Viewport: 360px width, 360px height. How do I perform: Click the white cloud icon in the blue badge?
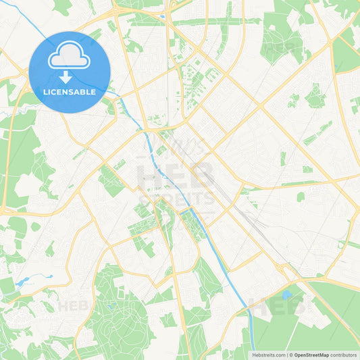(70, 56)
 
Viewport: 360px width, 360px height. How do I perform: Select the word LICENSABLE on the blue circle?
(70, 91)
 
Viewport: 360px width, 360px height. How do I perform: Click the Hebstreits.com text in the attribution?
(268, 355)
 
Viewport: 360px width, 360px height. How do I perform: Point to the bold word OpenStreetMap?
(311, 355)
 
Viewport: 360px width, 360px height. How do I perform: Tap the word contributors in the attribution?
(344, 355)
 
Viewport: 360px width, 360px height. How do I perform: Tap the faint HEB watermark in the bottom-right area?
(270, 305)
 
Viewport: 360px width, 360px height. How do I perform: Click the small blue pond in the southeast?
(286, 295)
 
